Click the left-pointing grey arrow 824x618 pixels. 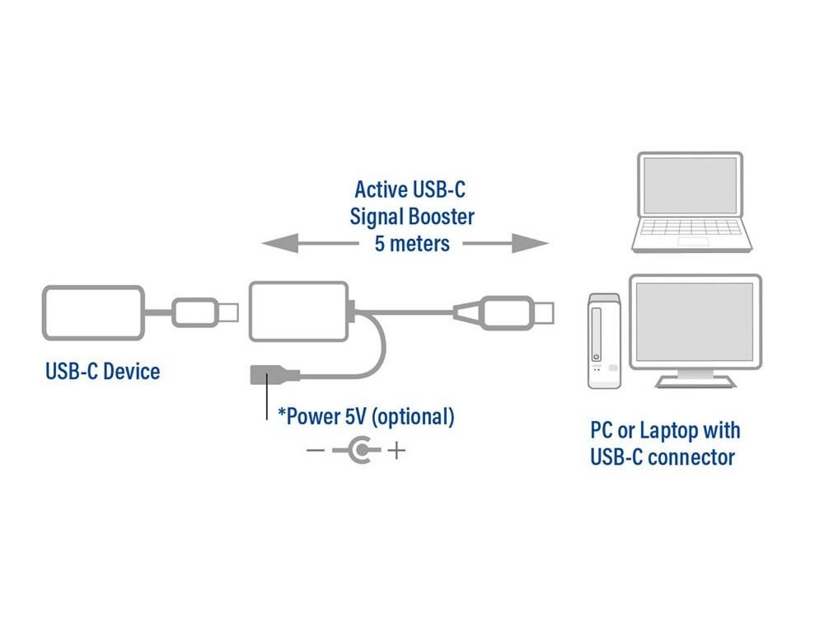297,243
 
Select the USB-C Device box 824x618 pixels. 93,312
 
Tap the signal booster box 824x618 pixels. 299,311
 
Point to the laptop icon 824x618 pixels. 691,202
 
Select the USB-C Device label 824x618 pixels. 102,371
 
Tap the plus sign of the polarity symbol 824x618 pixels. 397,451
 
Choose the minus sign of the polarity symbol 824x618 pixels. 315,451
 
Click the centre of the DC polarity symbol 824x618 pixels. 359,451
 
